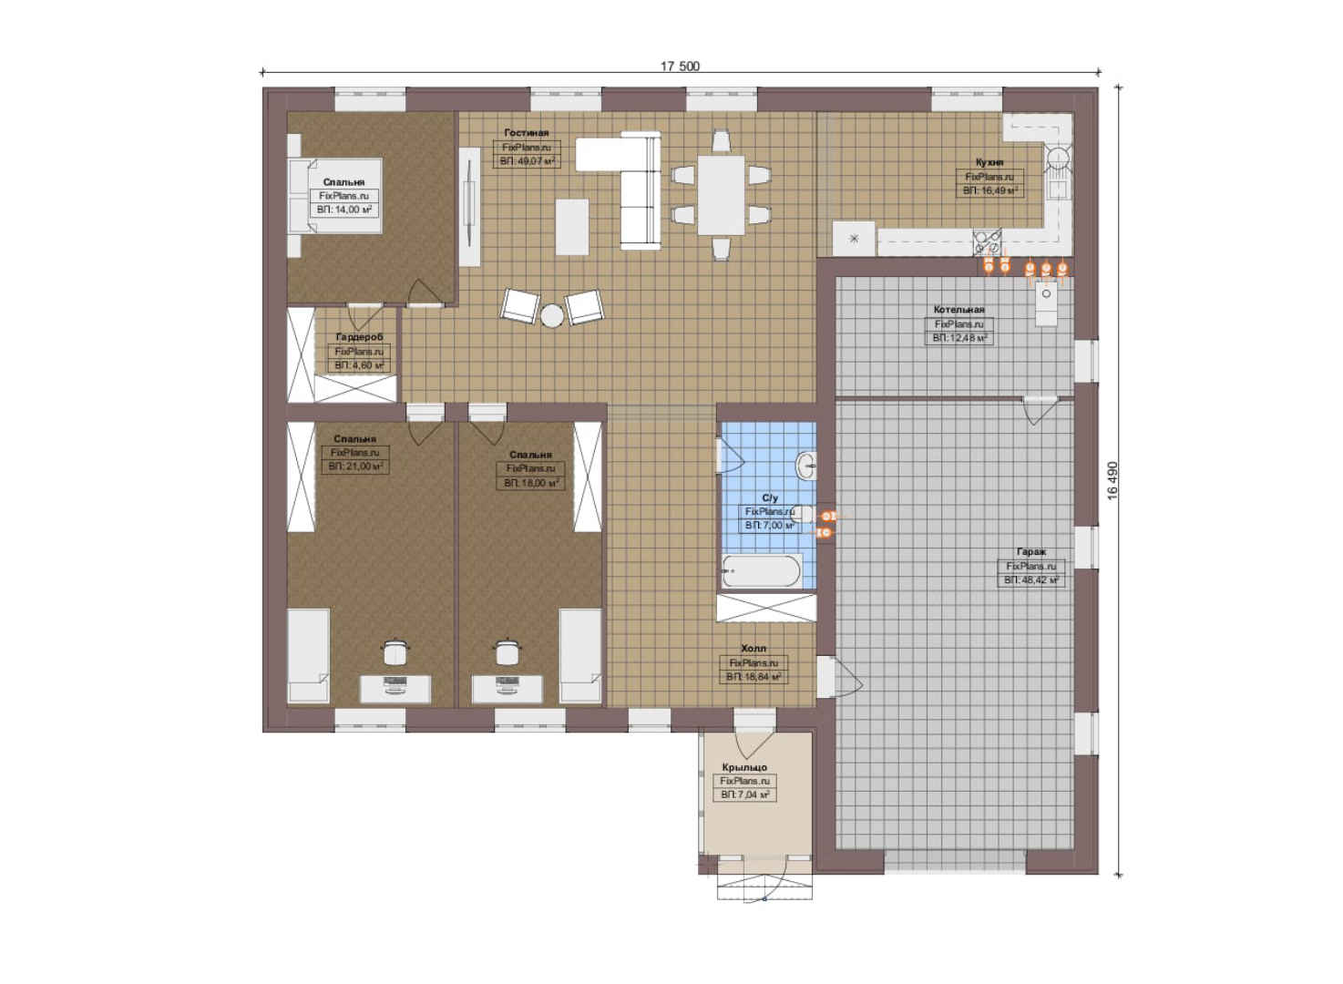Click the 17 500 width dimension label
(680, 66)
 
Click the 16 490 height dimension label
(1113, 480)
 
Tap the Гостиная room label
(527, 132)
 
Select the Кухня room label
(989, 162)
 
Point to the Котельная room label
(959, 310)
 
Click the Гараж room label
(1031, 551)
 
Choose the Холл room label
(754, 648)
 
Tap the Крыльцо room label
(744, 767)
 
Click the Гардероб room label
(359, 337)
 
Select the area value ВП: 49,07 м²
(527, 161)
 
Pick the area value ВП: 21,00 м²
(355, 466)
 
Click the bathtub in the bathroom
(762, 571)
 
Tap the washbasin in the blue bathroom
(805, 465)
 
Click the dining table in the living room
(721, 195)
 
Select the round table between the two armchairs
(551, 315)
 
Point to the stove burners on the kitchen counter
(987, 241)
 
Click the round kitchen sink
(1058, 158)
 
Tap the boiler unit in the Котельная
(1046, 303)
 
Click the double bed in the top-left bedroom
(335, 196)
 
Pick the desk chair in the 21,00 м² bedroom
(395, 651)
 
